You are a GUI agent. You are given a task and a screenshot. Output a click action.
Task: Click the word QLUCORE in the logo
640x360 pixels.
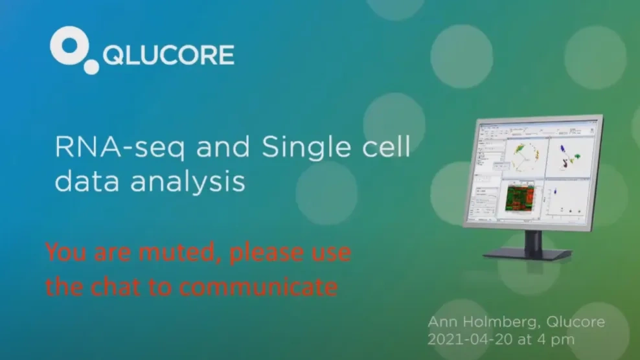pyautogui.click(x=168, y=56)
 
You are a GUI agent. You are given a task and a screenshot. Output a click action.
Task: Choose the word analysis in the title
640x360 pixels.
pyautogui.click(x=188, y=183)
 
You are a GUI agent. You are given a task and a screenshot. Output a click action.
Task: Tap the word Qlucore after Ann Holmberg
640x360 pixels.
pyautogui.click(x=575, y=322)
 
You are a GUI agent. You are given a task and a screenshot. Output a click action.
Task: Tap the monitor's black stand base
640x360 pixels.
pyautogui.click(x=528, y=253)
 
